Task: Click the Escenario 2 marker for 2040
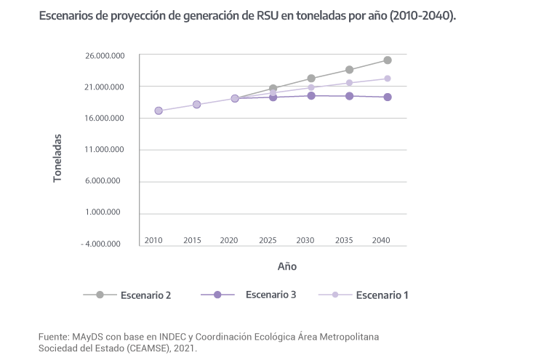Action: tap(388, 60)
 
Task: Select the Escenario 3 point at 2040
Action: tap(388, 97)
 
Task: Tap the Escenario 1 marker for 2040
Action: tap(388, 79)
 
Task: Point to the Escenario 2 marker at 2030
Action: tap(311, 79)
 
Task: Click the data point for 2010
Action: tap(159, 111)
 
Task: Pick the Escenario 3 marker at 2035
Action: tap(350, 96)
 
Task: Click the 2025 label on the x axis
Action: tap(268, 240)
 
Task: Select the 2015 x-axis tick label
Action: tap(192, 240)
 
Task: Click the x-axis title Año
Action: tap(286, 267)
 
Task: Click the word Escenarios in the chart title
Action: tap(73, 17)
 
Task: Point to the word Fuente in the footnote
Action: tap(54, 337)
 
